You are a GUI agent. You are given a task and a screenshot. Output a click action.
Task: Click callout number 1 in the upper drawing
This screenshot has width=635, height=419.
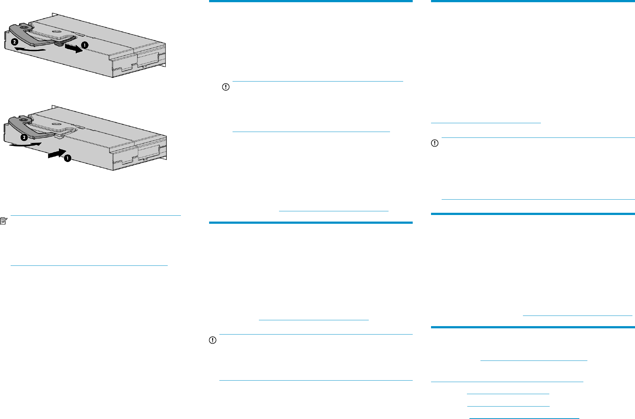tap(85, 45)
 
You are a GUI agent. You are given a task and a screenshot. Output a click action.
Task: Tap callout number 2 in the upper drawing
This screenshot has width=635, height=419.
tap(14, 42)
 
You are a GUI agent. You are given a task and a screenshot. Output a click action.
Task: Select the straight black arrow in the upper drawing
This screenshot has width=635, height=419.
tap(74, 48)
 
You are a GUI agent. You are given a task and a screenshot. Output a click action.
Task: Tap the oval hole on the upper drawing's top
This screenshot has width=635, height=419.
tap(56, 31)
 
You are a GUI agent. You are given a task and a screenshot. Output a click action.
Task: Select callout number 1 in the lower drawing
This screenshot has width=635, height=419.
tap(67, 158)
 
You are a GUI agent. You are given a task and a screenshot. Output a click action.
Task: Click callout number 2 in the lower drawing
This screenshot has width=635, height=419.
tap(24, 137)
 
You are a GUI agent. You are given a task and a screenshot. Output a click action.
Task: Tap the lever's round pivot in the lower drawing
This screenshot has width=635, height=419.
tap(23, 120)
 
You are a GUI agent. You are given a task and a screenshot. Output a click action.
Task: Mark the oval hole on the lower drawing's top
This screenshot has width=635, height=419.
tap(57, 124)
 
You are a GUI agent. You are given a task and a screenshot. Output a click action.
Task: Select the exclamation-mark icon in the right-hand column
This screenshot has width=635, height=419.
tap(434, 143)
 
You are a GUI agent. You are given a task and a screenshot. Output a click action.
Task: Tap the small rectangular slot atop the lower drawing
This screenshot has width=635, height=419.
tap(81, 128)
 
